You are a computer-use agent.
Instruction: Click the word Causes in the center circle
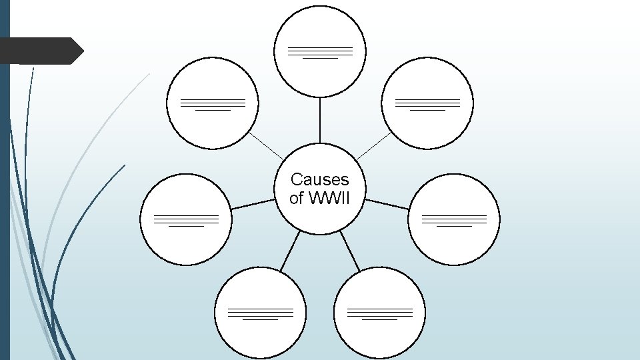click(319, 179)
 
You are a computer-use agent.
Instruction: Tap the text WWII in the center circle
click(328, 198)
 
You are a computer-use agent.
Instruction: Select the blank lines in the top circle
click(320, 52)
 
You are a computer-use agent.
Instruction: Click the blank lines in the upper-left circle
click(213, 104)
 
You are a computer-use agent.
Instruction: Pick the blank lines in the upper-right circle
click(427, 104)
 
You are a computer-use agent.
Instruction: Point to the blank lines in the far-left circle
click(186, 220)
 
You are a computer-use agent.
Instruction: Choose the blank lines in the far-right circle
click(454, 220)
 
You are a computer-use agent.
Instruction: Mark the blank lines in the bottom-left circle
click(260, 313)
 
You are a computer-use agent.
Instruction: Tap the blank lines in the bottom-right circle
click(379, 313)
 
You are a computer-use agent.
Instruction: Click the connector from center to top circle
click(320, 120)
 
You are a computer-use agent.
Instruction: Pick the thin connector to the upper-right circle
click(374, 145)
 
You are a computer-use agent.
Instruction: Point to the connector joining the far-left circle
click(252, 204)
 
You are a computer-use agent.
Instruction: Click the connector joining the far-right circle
click(387, 204)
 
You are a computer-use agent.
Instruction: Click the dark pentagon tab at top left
click(40, 51)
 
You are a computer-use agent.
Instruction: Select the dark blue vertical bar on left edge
click(4, 180)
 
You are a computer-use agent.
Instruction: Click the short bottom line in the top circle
click(320, 58)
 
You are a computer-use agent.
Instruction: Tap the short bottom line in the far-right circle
click(454, 226)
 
